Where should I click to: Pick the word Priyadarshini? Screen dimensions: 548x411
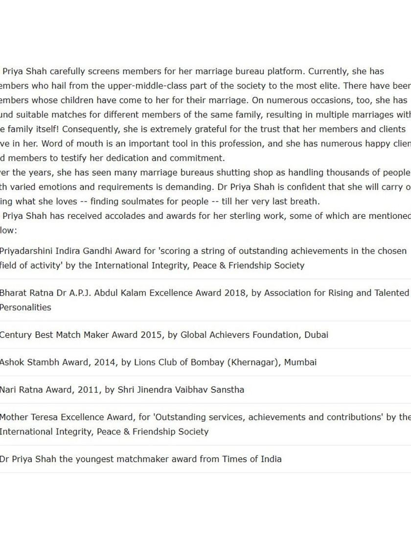pyautogui.click(x=27, y=251)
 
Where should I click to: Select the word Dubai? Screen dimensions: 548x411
pyautogui.click(x=316, y=335)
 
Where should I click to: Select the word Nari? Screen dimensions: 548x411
pyautogui.click(x=9, y=390)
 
